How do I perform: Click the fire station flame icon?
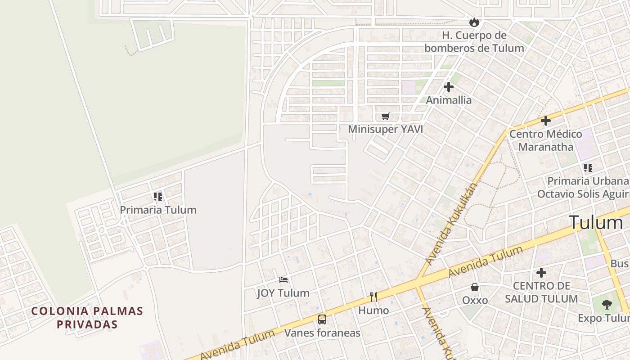click(x=474, y=22)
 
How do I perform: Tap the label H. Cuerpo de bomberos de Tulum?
click(x=474, y=41)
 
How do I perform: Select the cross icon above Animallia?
click(x=448, y=87)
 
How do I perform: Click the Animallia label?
click(x=449, y=100)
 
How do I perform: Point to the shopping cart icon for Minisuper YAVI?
click(x=385, y=117)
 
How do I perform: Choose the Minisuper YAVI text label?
click(x=385, y=130)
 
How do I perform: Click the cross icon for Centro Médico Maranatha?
click(x=545, y=121)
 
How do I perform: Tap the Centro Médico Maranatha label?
click(x=545, y=140)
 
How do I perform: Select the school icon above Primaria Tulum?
click(x=157, y=197)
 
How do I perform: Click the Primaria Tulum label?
click(x=158, y=210)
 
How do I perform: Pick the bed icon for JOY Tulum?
click(x=283, y=280)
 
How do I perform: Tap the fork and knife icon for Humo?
click(x=373, y=297)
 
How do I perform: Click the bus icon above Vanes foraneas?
click(x=322, y=319)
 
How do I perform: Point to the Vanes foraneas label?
click(x=322, y=333)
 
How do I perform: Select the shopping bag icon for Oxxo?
click(x=475, y=287)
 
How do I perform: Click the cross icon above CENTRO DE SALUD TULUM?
click(x=541, y=273)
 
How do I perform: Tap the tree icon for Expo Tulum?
click(x=607, y=305)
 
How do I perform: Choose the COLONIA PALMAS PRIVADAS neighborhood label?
click(x=87, y=317)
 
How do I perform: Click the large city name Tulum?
click(x=595, y=222)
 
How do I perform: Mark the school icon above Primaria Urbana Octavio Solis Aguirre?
click(x=588, y=168)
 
